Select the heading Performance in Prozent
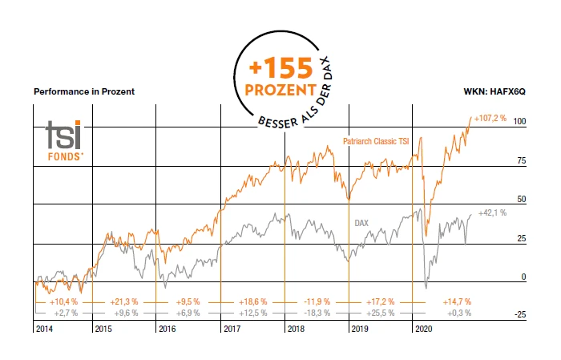pos(84,91)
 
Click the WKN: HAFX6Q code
pos(496,91)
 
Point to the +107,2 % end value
pos(490,119)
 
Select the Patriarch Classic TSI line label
pos(376,141)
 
